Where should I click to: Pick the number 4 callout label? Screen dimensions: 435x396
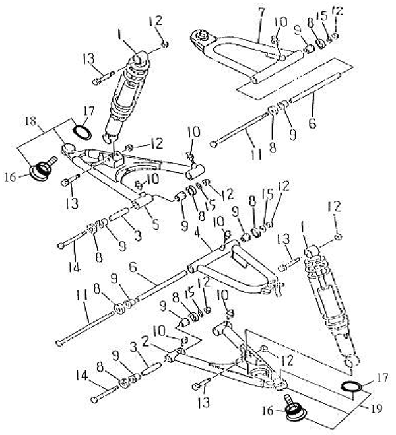[197, 233]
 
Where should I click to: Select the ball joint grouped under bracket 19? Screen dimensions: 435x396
[291, 410]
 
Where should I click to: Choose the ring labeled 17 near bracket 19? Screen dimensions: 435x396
[350, 385]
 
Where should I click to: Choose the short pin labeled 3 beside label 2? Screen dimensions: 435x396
[148, 366]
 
